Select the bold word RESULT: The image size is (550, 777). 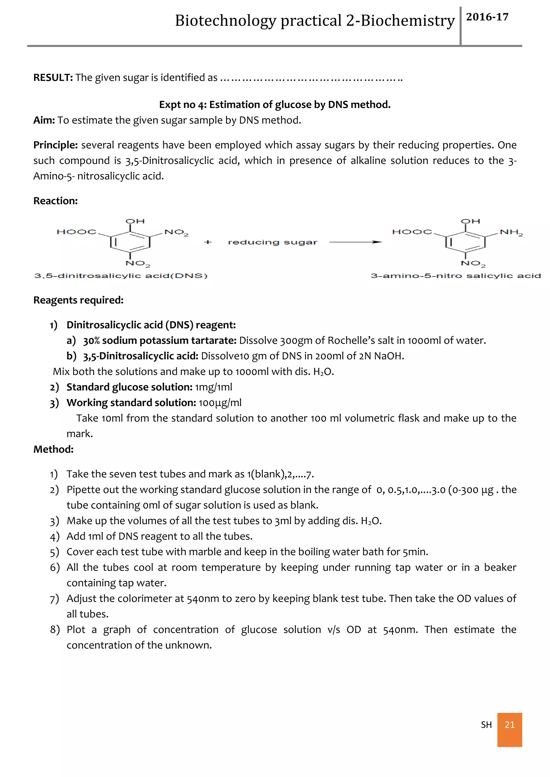click(x=53, y=78)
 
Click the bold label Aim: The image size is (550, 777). click(x=44, y=120)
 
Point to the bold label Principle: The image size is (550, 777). click(x=56, y=145)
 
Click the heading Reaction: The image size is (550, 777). click(x=56, y=201)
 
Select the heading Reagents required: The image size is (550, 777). click(x=78, y=300)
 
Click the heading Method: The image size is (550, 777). click(x=53, y=449)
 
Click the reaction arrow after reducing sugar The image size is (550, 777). click(x=355, y=242)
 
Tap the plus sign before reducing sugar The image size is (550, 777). click(x=208, y=242)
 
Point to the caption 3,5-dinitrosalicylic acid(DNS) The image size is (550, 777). click(x=121, y=276)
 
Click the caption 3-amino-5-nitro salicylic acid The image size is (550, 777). click(x=455, y=276)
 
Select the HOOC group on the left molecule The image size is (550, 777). click(x=77, y=232)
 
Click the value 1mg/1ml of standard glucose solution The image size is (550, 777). click(x=213, y=387)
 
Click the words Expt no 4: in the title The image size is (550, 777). click(x=183, y=105)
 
